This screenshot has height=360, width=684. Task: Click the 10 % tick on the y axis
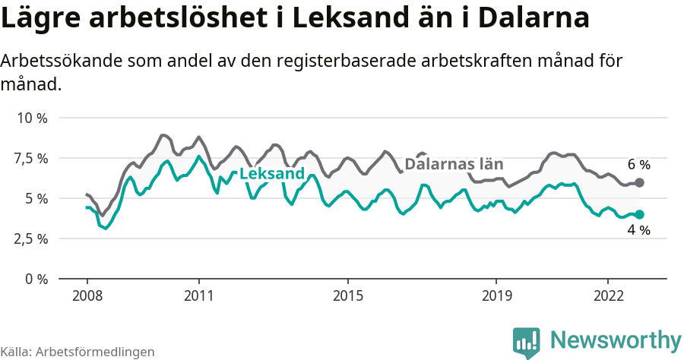(32, 118)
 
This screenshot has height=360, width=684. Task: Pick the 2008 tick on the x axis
(87, 295)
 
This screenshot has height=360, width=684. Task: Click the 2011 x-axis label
(198, 295)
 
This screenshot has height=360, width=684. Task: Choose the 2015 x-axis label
(347, 295)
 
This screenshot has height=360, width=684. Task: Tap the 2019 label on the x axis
(496, 295)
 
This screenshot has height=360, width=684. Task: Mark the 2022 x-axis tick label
(608, 295)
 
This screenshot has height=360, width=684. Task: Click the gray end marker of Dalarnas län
(640, 182)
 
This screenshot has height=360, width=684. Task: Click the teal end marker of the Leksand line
(640, 215)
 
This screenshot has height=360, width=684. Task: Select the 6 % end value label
(638, 164)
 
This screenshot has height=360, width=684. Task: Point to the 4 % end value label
(638, 230)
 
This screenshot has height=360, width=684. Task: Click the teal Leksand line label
(272, 174)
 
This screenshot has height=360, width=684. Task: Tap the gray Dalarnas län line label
(454, 164)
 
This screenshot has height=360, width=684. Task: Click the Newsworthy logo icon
(527, 341)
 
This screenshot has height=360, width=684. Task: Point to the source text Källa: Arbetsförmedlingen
(78, 352)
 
